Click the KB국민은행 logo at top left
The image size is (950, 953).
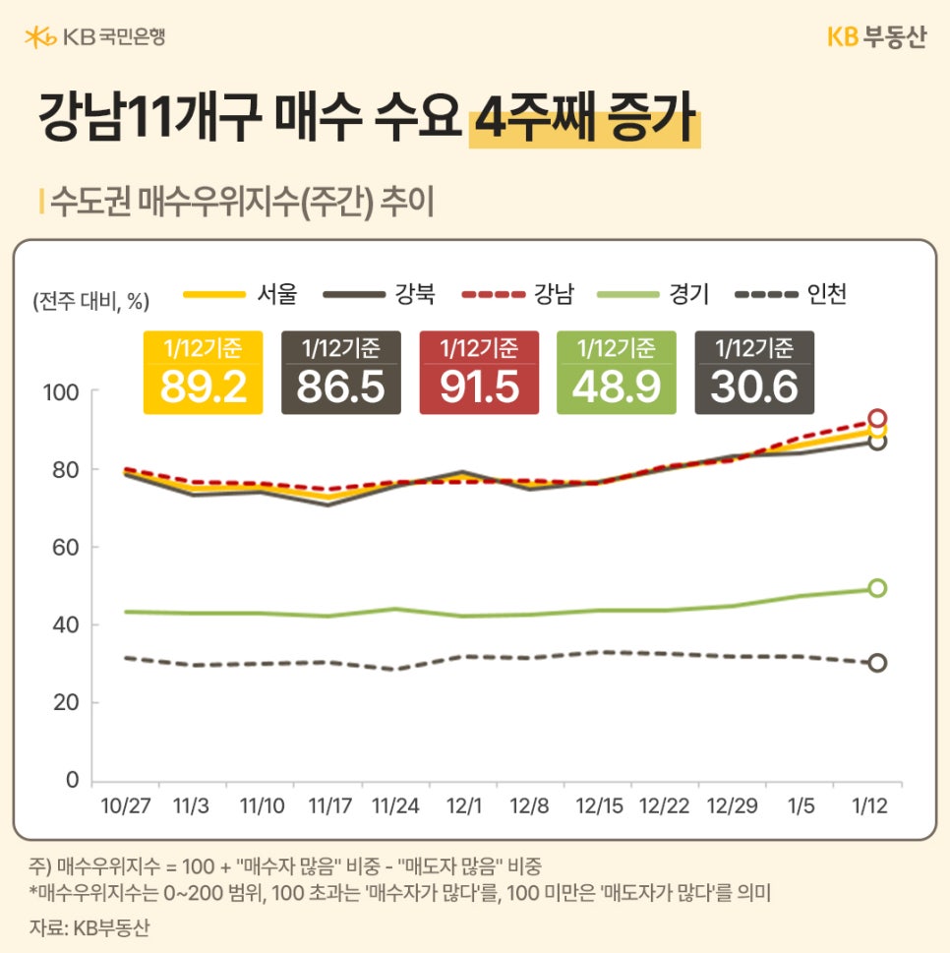95,37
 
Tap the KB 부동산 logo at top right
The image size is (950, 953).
875,37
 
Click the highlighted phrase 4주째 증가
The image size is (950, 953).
584,122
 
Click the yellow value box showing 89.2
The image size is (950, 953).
203,373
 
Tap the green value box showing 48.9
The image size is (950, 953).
616,373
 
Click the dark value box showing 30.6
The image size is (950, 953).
754,373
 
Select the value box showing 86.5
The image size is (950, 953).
340,373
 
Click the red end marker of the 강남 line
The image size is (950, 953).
877,418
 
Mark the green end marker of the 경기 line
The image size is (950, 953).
877,588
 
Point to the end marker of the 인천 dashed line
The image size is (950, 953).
877,663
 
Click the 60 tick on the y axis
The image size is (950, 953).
65,547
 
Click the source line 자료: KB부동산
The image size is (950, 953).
90,927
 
